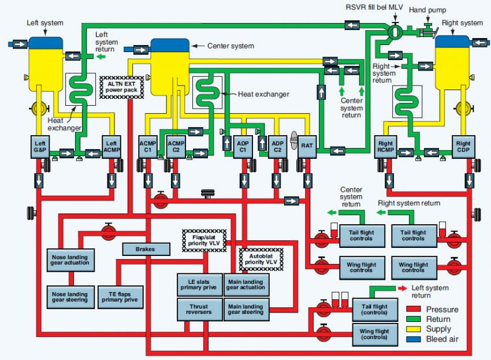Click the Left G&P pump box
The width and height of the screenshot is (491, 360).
pos(40,147)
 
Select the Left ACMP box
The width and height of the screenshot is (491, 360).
pos(111,147)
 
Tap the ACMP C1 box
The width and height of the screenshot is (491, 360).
pos(148,147)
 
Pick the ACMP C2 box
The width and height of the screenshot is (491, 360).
pos(176,147)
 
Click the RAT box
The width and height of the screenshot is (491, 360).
pos(307,146)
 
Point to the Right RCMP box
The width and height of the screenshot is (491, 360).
pos(385,147)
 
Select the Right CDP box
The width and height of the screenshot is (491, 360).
pos(463,147)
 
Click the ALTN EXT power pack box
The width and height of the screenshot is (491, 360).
pos(121,87)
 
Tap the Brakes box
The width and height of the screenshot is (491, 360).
pos(146,250)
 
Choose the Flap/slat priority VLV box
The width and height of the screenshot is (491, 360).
pos(204,240)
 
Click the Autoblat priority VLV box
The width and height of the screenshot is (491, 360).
pos(261,259)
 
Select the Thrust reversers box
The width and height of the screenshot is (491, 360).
pos(199,309)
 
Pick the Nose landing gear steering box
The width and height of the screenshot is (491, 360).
pos(70,297)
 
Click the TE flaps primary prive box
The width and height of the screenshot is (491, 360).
pos(120,297)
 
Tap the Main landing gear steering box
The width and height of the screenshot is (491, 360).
pos(246,309)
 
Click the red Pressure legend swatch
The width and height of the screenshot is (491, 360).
pos(414,309)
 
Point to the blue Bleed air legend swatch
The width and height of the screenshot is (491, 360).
pos(414,339)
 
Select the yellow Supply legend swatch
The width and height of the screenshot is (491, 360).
pos(414,329)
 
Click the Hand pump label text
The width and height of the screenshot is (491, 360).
pos(427,10)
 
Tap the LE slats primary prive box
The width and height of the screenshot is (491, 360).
pos(199,285)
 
